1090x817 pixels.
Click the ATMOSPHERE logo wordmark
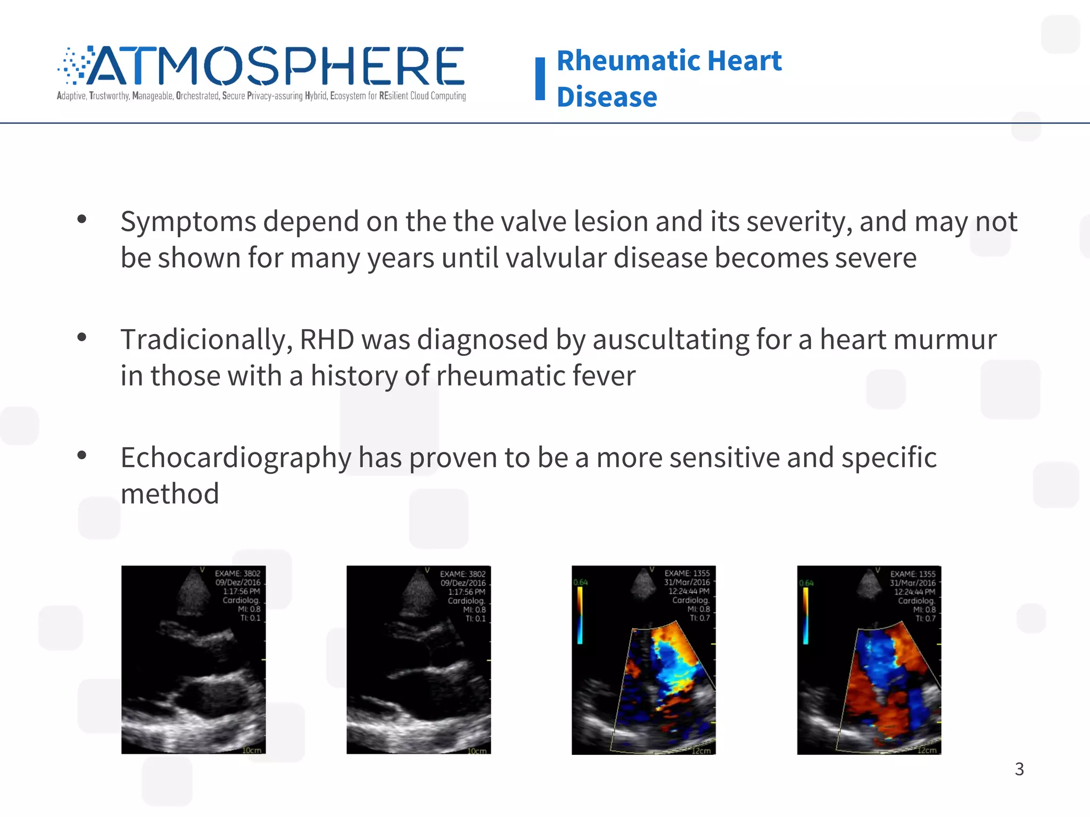(x=274, y=66)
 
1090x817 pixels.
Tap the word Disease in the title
(x=607, y=97)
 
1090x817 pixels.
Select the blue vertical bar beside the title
(x=540, y=79)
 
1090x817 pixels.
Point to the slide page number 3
(x=1019, y=769)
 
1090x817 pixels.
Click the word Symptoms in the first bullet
(x=188, y=221)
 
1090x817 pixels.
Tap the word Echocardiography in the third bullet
(x=236, y=457)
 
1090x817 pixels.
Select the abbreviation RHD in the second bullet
(x=327, y=339)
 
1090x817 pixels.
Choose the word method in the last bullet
(x=170, y=494)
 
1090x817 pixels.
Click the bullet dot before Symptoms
(x=81, y=219)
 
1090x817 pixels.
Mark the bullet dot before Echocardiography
(x=81, y=455)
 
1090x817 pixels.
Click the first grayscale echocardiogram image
(x=193, y=670)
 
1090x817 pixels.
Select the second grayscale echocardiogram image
(x=418, y=670)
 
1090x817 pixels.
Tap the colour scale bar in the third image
(x=580, y=615)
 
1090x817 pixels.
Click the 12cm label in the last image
(x=927, y=750)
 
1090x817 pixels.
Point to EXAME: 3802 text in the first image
(x=237, y=573)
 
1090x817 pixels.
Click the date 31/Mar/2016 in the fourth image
(x=912, y=583)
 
